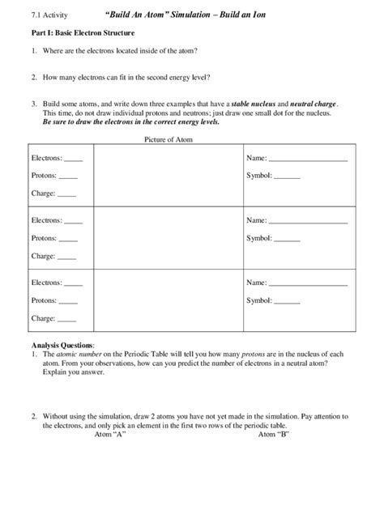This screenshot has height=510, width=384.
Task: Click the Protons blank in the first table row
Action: (x=69, y=176)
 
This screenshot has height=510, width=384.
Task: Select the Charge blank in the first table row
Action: (x=67, y=194)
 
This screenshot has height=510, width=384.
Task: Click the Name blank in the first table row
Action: (x=307, y=159)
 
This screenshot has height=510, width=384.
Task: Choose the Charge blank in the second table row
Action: (x=67, y=257)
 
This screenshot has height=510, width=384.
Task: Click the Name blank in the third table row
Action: (x=307, y=283)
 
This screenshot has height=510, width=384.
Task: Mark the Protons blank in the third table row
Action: (x=69, y=300)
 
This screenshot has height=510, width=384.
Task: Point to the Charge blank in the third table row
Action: (x=67, y=319)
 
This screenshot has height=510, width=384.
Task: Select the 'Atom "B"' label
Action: (x=274, y=435)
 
